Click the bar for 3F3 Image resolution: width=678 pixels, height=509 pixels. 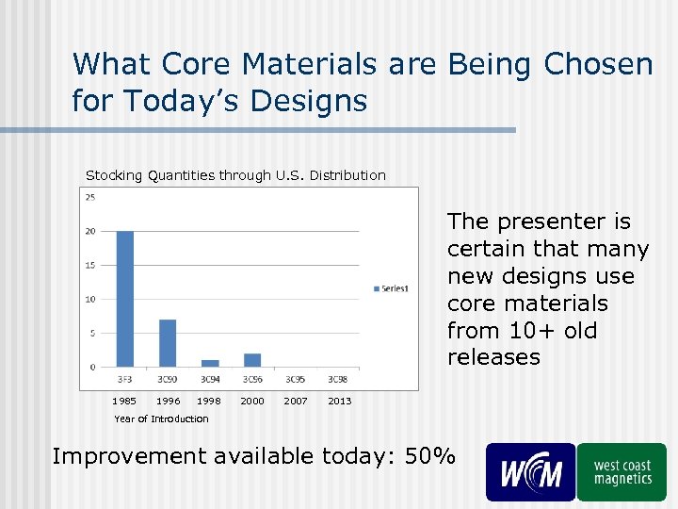click(124, 298)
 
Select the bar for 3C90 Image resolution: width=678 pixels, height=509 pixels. click(167, 343)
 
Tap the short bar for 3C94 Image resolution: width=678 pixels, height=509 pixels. click(210, 363)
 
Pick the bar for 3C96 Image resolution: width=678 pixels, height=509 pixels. click(252, 360)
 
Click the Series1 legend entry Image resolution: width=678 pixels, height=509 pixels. click(391, 288)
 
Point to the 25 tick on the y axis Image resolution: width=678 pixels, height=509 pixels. click(90, 197)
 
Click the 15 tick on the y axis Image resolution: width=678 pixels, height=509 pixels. click(90, 265)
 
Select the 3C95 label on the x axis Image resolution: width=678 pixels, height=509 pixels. click(295, 379)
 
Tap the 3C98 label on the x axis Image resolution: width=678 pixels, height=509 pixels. click(337, 379)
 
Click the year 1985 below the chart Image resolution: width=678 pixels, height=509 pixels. click(124, 402)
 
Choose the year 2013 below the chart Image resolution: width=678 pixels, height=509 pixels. click(339, 402)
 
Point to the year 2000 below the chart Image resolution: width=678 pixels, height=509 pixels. click(252, 402)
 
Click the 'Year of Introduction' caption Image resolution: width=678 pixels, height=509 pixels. click(161, 419)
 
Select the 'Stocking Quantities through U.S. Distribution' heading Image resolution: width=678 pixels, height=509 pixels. click(235, 175)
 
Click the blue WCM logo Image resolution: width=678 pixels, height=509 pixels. click(530, 472)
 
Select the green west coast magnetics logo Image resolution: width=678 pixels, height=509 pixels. click(621, 472)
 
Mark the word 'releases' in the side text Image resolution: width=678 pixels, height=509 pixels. click(493, 357)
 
